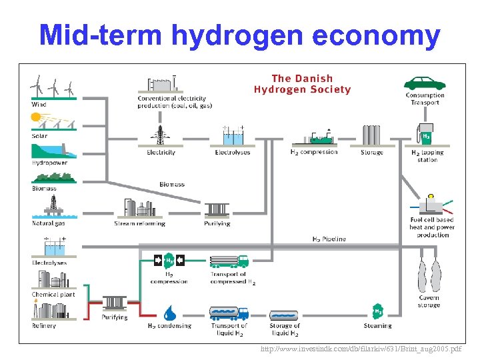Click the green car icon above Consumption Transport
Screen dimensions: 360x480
coord(425,83)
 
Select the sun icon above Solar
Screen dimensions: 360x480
coord(37,118)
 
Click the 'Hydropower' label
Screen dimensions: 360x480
coord(49,163)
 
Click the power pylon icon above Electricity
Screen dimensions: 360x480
coord(160,135)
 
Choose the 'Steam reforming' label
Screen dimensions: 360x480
coord(138,223)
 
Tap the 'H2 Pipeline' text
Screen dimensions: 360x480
coord(329,239)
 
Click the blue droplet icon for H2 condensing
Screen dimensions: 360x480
coord(169,311)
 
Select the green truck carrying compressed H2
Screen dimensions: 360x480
coord(229,261)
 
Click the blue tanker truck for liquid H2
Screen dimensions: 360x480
coord(229,312)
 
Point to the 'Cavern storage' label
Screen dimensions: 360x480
coord(429,301)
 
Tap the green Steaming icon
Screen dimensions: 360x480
coord(378,312)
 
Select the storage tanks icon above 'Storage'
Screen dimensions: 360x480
coord(371,135)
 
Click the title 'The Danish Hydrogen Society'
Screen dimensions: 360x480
coord(302,84)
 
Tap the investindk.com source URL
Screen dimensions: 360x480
coord(361,349)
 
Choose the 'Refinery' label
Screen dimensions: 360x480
coord(44,326)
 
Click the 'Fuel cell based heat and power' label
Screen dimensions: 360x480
coord(432,223)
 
